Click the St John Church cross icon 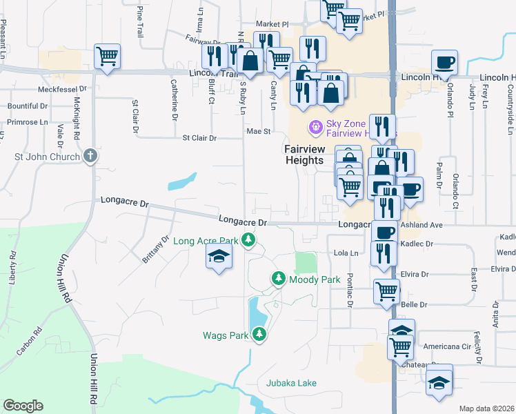coord(90,157)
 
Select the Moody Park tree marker coord(278,279)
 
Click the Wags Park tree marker coord(259,335)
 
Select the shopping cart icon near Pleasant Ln coord(107,56)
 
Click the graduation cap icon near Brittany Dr coord(219,257)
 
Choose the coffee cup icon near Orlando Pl coord(444,61)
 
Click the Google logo coord(23,406)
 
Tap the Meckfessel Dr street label coord(63,89)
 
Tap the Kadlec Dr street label coord(419,244)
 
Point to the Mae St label coord(257,130)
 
